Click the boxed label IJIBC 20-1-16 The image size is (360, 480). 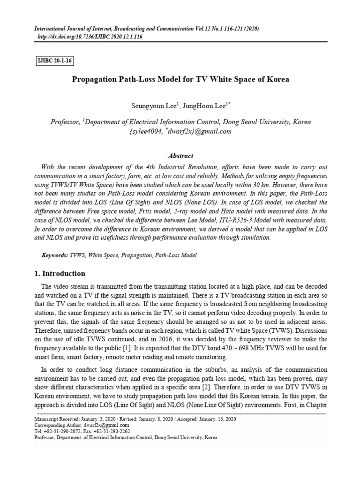[x=55, y=61]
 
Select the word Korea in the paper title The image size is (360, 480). [x=278, y=79]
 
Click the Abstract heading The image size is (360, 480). [x=180, y=156]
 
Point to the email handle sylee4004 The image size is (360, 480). [x=146, y=131]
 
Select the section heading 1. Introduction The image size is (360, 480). [x=60, y=274]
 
